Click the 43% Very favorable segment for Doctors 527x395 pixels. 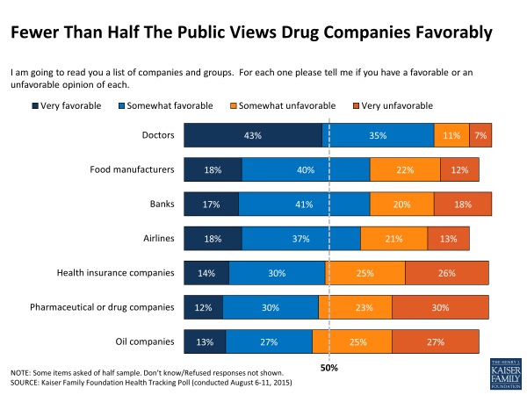pyautogui.click(x=253, y=136)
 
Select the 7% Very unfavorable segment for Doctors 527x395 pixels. pyautogui.click(x=480, y=136)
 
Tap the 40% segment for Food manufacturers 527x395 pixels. pyautogui.click(x=306, y=169)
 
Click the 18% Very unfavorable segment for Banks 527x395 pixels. pyautogui.click(x=463, y=204)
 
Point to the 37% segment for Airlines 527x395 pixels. pyautogui.click(x=301, y=238)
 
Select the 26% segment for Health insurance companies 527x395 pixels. pyautogui.click(x=447, y=273)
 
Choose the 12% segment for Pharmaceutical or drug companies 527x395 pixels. pyautogui.click(x=203, y=307)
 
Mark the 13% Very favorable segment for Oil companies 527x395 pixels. pyautogui.click(x=205, y=341)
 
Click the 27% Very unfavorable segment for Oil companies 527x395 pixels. pyautogui.click(x=436, y=341)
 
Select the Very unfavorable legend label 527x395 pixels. pyautogui.click(x=399, y=106)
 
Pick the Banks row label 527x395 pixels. pyautogui.click(x=161, y=204)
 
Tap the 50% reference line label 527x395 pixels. pyautogui.click(x=328, y=367)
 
